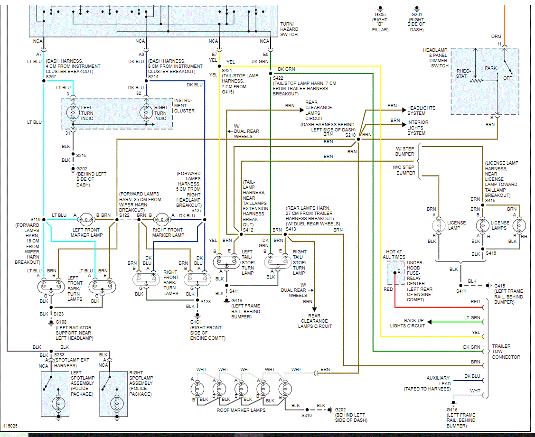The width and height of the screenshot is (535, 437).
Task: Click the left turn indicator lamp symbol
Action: point(73,112)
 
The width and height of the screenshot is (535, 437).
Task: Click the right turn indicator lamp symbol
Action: point(146,112)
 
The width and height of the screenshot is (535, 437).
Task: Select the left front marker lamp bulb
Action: point(85,219)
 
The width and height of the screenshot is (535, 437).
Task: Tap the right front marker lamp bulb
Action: point(161,219)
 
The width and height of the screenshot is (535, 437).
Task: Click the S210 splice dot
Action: point(358,139)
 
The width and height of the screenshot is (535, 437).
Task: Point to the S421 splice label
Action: point(226,70)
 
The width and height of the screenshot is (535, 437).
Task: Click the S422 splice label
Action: point(278,78)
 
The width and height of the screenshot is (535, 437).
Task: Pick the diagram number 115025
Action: point(10,426)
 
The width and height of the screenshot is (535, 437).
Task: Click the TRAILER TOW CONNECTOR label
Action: point(506,352)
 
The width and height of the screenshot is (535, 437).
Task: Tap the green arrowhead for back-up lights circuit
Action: point(430,322)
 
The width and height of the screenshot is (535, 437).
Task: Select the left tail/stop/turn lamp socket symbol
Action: point(226,262)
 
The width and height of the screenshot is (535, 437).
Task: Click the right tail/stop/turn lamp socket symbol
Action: point(278,262)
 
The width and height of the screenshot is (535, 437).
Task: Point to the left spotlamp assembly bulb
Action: point(58,404)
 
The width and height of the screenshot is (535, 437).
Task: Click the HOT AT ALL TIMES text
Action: point(394,254)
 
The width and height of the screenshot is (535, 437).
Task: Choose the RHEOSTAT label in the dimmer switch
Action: point(464,74)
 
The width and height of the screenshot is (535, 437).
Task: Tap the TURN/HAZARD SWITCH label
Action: point(289,29)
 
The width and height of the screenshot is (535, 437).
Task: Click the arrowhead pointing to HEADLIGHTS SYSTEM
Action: point(404,110)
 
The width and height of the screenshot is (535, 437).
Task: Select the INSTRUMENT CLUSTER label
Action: point(184,106)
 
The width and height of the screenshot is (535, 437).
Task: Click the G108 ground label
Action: point(61,322)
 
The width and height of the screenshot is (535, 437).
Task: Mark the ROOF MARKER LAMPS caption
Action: point(241,410)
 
